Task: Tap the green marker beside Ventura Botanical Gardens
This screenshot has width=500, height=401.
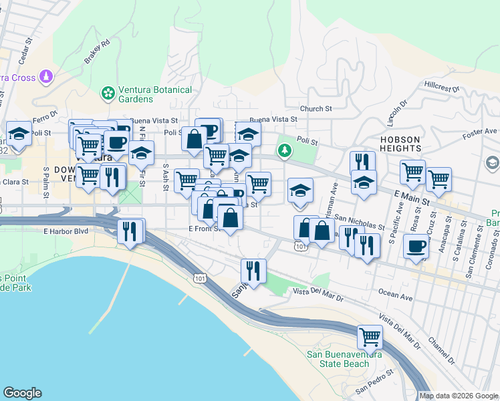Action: pyautogui.click(x=106, y=92)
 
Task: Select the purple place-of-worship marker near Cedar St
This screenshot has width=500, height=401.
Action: pyautogui.click(x=45, y=77)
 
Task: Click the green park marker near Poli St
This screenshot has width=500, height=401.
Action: pyautogui.click(x=285, y=150)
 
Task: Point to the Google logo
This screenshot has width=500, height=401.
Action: pyautogui.click(x=22, y=393)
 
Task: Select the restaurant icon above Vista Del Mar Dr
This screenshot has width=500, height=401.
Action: pyautogui.click(x=253, y=271)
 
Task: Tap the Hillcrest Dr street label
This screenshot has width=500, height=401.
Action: pyautogui.click(x=442, y=87)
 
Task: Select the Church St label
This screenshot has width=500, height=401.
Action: pyautogui.click(x=316, y=109)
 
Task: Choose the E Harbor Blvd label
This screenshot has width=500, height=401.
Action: pyautogui.click(x=66, y=232)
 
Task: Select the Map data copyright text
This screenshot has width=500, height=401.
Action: pyautogui.click(x=459, y=396)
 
